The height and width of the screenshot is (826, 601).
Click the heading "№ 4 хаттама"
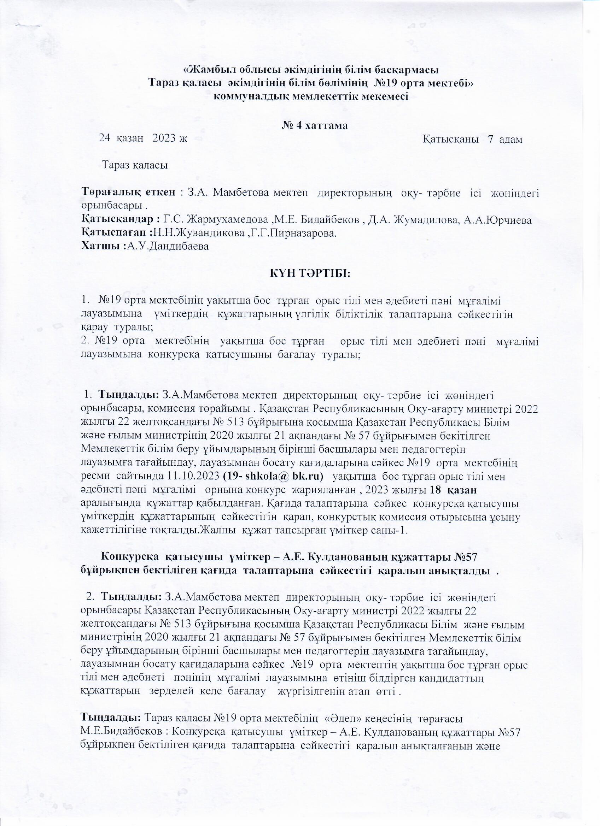[315, 126]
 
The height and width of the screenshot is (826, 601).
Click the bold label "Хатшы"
[102, 246]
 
